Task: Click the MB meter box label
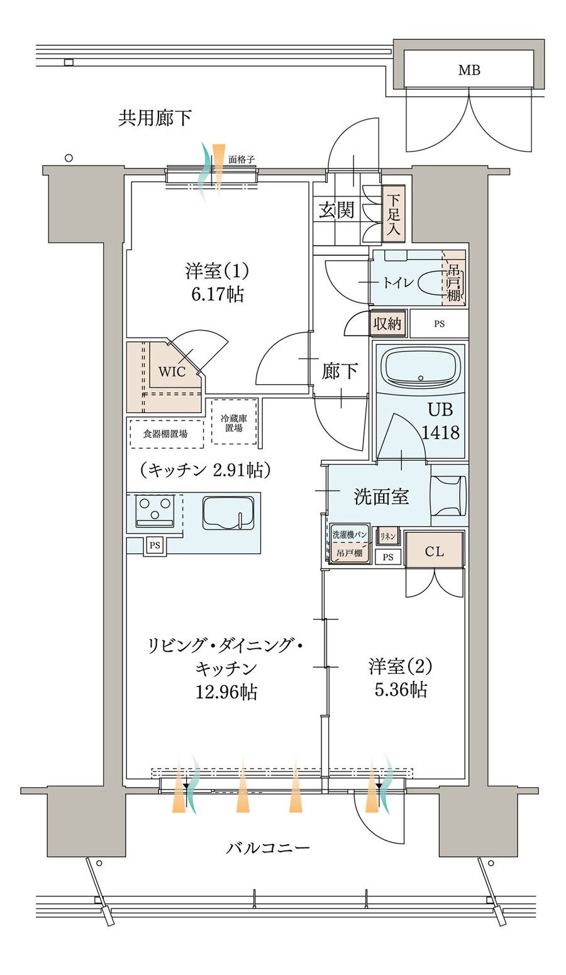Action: (x=469, y=70)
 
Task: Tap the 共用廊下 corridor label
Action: (x=155, y=118)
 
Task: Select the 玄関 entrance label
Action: (x=336, y=210)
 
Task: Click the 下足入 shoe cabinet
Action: (x=393, y=214)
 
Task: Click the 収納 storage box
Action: (x=387, y=324)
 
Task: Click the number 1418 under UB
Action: (x=440, y=432)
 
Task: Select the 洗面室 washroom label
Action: (x=381, y=497)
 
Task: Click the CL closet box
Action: (x=434, y=551)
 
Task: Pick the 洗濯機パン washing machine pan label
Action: (x=350, y=534)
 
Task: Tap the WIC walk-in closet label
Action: (x=172, y=372)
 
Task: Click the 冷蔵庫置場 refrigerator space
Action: (x=234, y=422)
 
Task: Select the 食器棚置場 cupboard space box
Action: (x=166, y=433)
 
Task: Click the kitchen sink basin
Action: (x=228, y=515)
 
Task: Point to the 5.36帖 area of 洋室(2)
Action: (x=401, y=690)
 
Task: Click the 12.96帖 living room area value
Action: (x=226, y=692)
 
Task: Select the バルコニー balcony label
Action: (x=268, y=848)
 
